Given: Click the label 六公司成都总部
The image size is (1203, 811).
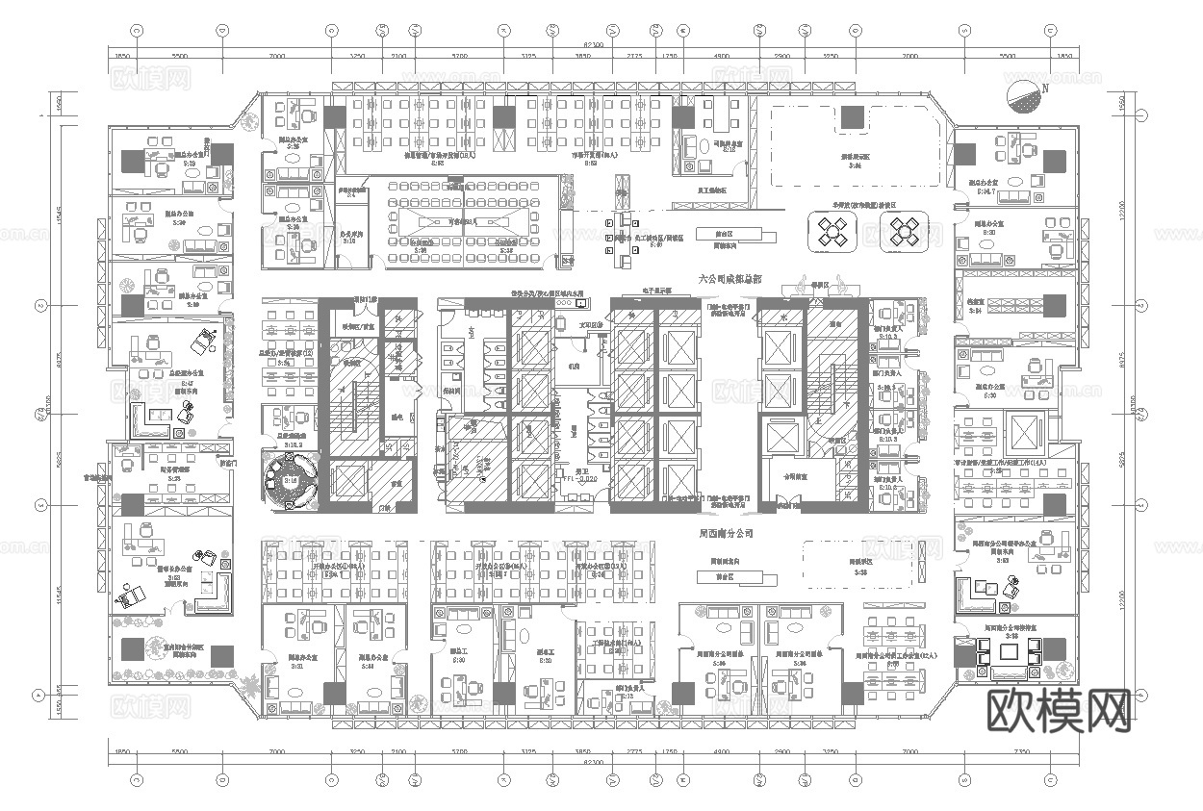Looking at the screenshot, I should [x=730, y=279].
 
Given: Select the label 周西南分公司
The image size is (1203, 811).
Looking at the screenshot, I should [x=726, y=532].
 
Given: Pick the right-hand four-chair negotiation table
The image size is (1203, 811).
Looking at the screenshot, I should [x=904, y=231].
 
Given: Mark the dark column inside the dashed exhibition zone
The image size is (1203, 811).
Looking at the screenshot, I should [x=853, y=117].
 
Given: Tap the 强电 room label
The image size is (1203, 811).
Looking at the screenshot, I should [x=396, y=418].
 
